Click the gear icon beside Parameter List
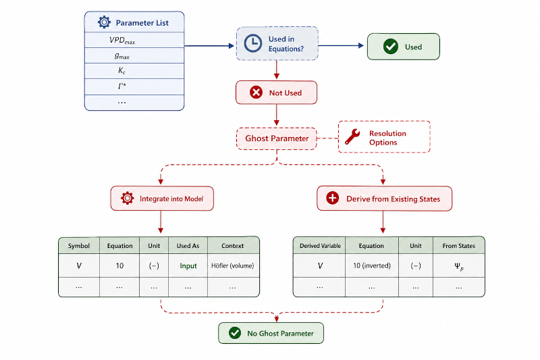(104, 22)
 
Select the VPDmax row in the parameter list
(134, 40)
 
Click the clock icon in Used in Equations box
(252, 43)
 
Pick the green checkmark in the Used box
(391, 46)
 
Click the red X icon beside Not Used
(256, 93)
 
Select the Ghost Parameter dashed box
(277, 138)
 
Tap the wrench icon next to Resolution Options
(352, 136)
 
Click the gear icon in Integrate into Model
(127, 199)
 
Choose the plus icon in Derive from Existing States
(332, 198)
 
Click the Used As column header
(188, 246)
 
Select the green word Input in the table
(188, 265)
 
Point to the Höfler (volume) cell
(233, 265)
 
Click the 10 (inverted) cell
(372, 265)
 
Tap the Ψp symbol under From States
(459, 266)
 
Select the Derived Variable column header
(320, 246)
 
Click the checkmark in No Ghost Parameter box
(235, 333)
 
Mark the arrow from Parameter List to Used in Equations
(209, 46)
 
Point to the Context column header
(233, 246)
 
